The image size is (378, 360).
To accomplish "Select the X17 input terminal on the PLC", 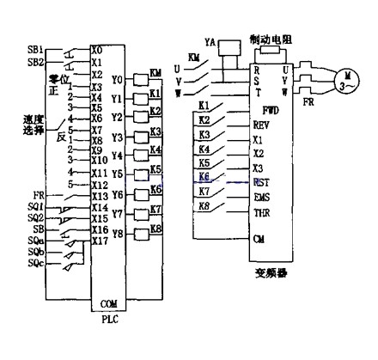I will [101, 241].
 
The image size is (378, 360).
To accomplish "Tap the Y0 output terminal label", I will [118, 79].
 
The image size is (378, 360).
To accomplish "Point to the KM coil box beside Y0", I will [156, 75].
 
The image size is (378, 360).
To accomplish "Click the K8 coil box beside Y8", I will [155, 229].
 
